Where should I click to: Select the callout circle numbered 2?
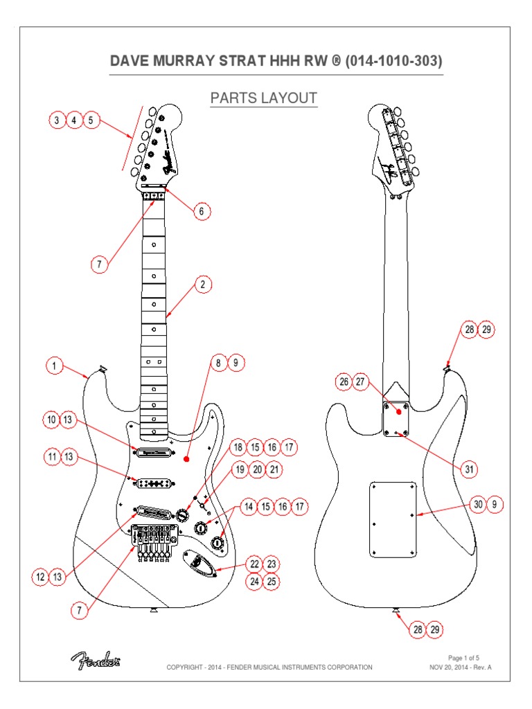tap(202, 285)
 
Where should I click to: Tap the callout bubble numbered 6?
tap(202, 211)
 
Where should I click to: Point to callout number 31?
tap(470, 469)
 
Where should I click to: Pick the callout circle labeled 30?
tap(478, 505)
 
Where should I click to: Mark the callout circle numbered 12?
tap(39, 576)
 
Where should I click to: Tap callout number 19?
tap(239, 469)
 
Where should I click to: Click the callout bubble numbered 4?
tap(73, 120)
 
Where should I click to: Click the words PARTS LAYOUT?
tap(263, 98)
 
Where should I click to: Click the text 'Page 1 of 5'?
tap(463, 657)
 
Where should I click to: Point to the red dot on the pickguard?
tap(187, 458)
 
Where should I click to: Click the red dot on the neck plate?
tap(399, 411)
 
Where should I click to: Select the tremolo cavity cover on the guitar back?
tap(393, 518)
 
